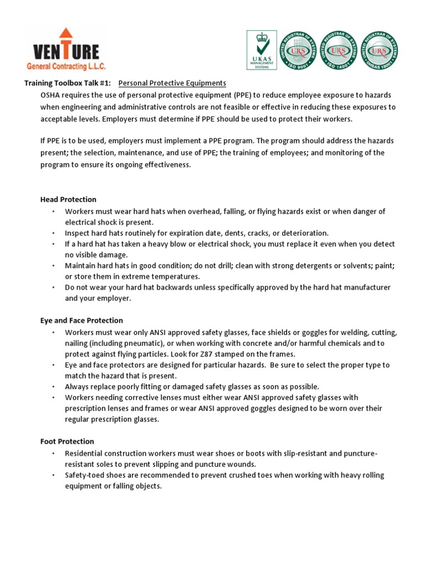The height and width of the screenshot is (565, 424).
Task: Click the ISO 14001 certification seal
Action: tap(338, 50)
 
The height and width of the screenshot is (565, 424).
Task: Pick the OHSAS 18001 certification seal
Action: tap(379, 50)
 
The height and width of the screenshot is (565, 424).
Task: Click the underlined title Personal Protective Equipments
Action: tap(172, 83)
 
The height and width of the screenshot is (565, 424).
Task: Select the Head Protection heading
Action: tap(68, 200)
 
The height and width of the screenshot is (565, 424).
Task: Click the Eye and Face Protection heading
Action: tap(82, 321)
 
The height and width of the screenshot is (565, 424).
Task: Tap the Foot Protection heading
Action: tap(67, 441)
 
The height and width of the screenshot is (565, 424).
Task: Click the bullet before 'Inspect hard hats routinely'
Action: tap(54, 233)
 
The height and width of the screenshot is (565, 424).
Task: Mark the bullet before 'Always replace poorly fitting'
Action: tap(54, 387)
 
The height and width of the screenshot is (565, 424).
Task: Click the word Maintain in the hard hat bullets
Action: tap(80, 266)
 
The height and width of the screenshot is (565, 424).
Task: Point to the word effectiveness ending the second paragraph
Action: tap(165, 165)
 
